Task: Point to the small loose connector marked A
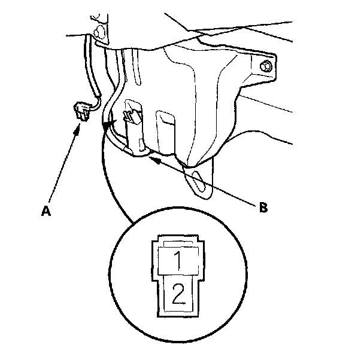tap(80, 112)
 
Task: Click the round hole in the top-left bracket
tap(99, 29)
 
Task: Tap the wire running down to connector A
tap(92, 72)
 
